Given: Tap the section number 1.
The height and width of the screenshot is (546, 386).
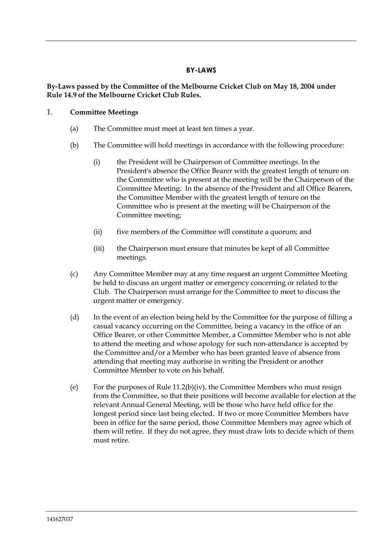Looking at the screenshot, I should (50, 112).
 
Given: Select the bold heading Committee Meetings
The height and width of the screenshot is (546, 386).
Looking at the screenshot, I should (104, 112).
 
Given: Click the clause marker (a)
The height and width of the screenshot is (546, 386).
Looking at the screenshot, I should (74, 129).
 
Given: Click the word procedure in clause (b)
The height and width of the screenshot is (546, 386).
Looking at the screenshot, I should (329, 145).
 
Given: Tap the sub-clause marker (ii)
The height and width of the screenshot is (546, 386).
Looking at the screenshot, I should (98, 232).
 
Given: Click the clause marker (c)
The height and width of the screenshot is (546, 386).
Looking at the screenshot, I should (74, 274).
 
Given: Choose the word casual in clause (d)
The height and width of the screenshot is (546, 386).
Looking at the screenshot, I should (103, 326).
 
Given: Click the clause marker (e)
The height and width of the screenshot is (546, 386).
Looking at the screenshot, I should (74, 387).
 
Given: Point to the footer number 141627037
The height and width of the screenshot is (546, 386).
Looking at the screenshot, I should (60, 519).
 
